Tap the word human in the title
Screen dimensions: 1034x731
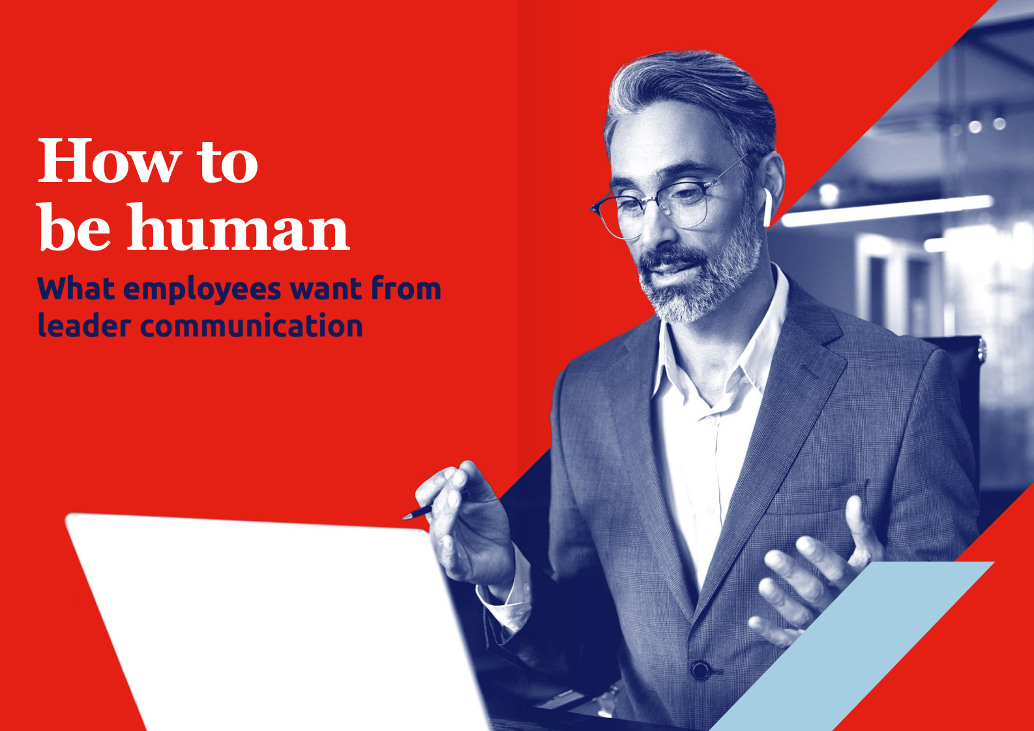coord(238,227)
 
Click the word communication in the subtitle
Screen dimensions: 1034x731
coord(251,325)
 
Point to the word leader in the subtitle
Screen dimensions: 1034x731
coord(85,325)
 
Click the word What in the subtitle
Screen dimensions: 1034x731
coord(76,288)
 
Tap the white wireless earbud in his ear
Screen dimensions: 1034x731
coord(767,207)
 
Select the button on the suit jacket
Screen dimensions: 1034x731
coord(700,670)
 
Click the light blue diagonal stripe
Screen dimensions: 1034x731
coord(854,646)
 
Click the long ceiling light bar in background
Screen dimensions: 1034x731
coord(886,211)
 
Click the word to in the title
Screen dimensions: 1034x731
coord(228,163)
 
